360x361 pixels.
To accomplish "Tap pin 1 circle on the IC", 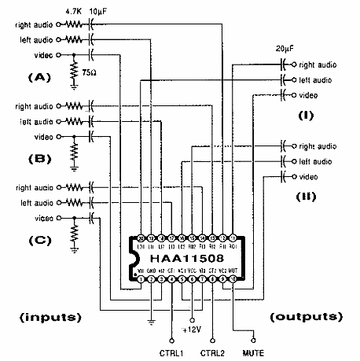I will click(x=141, y=278).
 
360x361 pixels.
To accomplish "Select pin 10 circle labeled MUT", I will click(x=233, y=278).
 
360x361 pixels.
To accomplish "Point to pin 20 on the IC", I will click(x=141, y=238).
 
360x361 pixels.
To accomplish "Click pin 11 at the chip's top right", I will click(x=233, y=238).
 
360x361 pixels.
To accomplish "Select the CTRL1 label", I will click(x=171, y=350).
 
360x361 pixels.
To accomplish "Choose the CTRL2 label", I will click(x=211, y=350).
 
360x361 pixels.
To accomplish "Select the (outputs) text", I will click(x=307, y=317).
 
